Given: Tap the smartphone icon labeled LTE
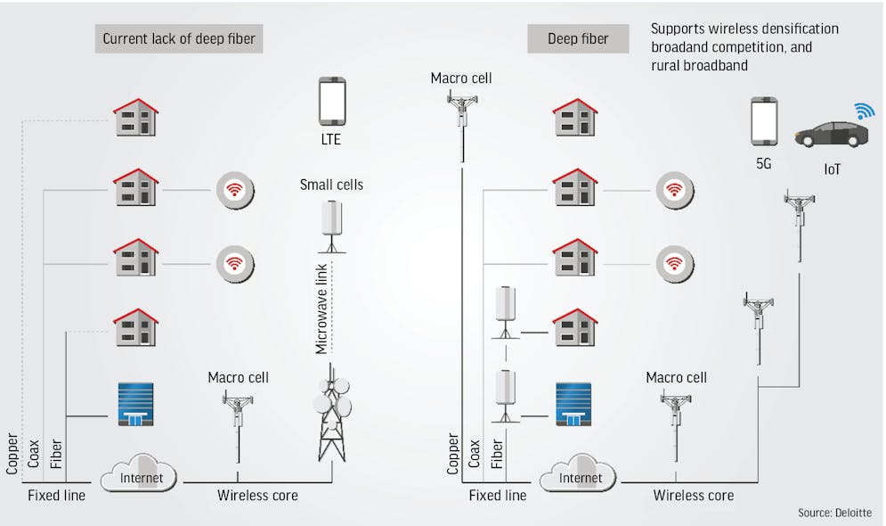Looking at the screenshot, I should pos(331,100).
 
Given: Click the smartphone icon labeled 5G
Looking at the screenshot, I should pos(764,121).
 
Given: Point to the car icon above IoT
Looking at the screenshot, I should pos(831,134).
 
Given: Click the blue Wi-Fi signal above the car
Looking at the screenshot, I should pos(865,110).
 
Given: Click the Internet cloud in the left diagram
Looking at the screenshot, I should pos(141,475).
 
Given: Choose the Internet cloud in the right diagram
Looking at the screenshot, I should pos(580,475).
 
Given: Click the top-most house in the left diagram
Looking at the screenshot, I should pos(135,117).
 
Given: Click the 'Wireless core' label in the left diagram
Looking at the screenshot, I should pos(258,495).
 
